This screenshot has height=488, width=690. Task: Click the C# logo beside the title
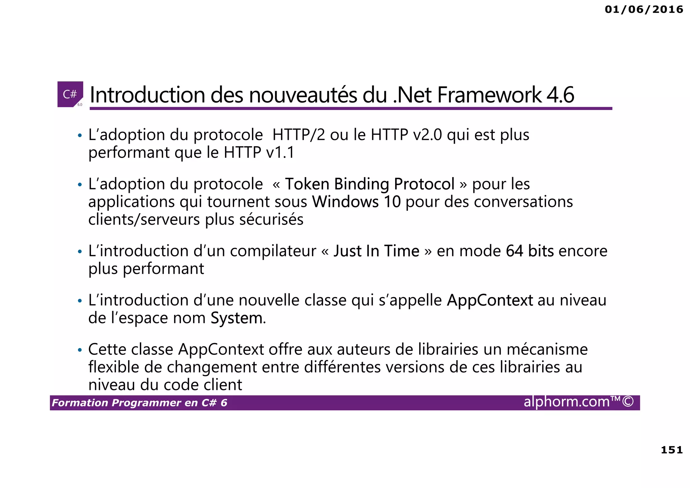(x=70, y=94)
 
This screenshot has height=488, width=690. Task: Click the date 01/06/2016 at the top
(x=644, y=9)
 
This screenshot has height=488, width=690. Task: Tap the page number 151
(x=671, y=450)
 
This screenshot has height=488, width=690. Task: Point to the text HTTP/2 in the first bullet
(x=299, y=135)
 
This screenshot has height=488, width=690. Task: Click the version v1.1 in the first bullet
(x=280, y=152)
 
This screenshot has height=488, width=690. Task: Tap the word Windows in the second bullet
(x=345, y=202)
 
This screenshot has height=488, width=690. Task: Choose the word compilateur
(x=273, y=251)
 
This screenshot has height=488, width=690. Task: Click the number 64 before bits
(x=514, y=251)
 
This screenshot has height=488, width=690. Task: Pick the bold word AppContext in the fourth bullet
(x=490, y=300)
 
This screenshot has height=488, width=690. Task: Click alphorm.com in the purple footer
(x=567, y=402)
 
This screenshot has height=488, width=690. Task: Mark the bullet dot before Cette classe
(x=80, y=350)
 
